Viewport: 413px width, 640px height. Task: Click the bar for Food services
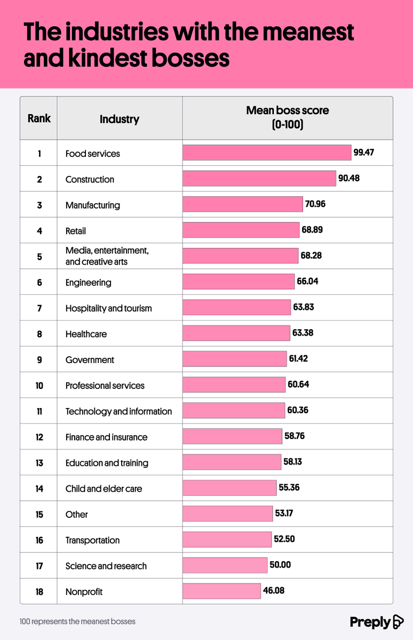pos(267,153)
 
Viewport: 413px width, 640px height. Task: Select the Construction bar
pos(259,179)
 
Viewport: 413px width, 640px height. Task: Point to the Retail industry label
pos(76,231)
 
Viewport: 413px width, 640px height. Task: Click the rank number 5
pos(39,257)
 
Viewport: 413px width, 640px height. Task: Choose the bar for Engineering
pos(239,282)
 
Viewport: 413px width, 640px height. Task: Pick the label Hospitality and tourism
pos(108,308)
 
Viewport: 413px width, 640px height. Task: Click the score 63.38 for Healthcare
pos(303,333)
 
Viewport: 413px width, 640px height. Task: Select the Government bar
pos(235,359)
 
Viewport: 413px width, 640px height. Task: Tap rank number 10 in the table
pos(39,385)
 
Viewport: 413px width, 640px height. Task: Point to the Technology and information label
pos(118,411)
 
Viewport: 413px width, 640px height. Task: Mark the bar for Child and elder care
pos(229,488)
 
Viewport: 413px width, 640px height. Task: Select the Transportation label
pos(92,540)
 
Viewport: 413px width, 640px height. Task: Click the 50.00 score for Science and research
pos(280,565)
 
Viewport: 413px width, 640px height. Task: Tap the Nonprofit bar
pos(221,591)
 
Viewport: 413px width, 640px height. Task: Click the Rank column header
pos(39,118)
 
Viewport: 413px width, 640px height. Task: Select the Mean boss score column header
pos(287,117)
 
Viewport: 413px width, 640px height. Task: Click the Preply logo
pos(377,622)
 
